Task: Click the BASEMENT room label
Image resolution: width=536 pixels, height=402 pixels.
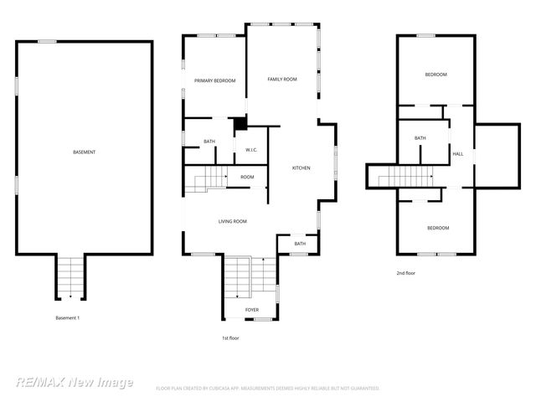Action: pyautogui.click(x=84, y=152)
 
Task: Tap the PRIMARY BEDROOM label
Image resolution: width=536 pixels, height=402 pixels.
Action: pyautogui.click(x=214, y=80)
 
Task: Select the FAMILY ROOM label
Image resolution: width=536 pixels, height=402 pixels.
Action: pyautogui.click(x=282, y=79)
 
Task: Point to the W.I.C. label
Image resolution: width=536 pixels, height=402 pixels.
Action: pyautogui.click(x=250, y=150)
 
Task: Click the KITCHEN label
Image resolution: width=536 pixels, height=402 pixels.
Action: pyautogui.click(x=301, y=167)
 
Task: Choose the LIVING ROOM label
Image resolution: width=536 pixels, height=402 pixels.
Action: pyautogui.click(x=232, y=221)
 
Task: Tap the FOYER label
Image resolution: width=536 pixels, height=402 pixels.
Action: pyautogui.click(x=252, y=310)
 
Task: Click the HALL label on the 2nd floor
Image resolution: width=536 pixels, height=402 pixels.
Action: pyautogui.click(x=458, y=154)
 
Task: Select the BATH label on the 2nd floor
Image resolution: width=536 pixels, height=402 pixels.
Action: pyautogui.click(x=420, y=138)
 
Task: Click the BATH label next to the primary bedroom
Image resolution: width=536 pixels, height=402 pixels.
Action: pyautogui.click(x=209, y=141)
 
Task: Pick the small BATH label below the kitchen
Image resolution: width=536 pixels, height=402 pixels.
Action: pyautogui.click(x=300, y=244)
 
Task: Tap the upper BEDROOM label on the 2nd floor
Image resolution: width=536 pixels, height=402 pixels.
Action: pyautogui.click(x=435, y=75)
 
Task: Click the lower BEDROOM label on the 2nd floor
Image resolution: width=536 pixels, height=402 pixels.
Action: pyautogui.click(x=437, y=228)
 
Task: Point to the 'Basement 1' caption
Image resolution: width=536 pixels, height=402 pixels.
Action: pyautogui.click(x=67, y=318)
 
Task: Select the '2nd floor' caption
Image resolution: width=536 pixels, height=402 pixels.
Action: pyautogui.click(x=406, y=273)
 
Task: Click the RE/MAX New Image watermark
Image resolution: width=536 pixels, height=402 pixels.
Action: pyautogui.click(x=75, y=382)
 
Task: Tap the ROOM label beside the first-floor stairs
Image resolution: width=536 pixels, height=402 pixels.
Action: pyautogui.click(x=247, y=177)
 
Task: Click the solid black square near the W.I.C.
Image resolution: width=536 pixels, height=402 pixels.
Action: pyautogui.click(x=240, y=124)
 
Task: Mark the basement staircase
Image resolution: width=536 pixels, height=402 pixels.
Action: pyautogui.click(x=70, y=276)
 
